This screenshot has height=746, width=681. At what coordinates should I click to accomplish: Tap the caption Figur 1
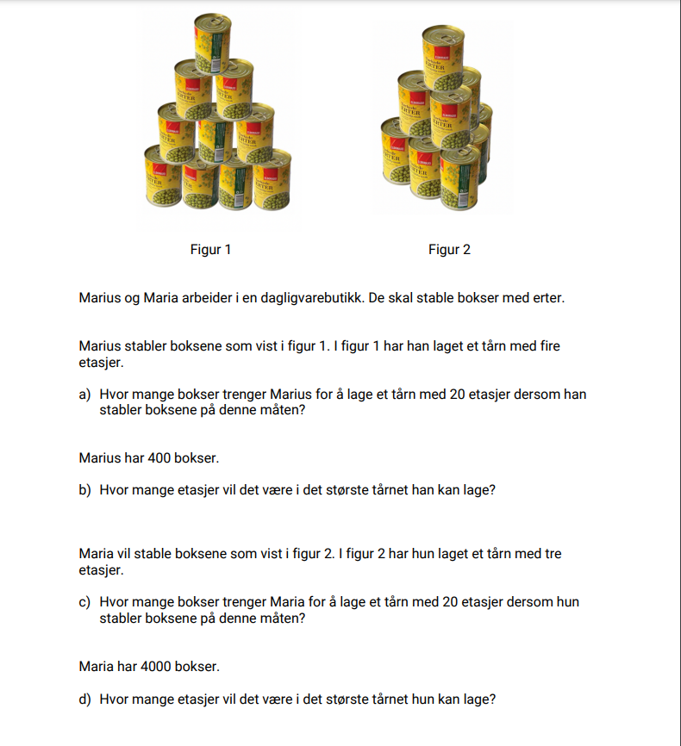coord(210,250)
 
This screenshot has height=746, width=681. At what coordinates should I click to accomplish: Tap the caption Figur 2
coord(449,250)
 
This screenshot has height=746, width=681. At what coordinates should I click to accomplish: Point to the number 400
coord(159,457)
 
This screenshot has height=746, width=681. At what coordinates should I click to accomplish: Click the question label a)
coord(84,395)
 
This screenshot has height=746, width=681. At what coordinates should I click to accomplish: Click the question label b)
coord(84,490)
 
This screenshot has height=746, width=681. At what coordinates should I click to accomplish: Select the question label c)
coord(84,602)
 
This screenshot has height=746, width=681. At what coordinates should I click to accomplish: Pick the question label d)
coord(84,699)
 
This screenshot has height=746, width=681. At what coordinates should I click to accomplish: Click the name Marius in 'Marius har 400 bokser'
coord(99,457)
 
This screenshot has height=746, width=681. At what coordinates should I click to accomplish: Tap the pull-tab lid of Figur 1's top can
coord(213,19)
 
